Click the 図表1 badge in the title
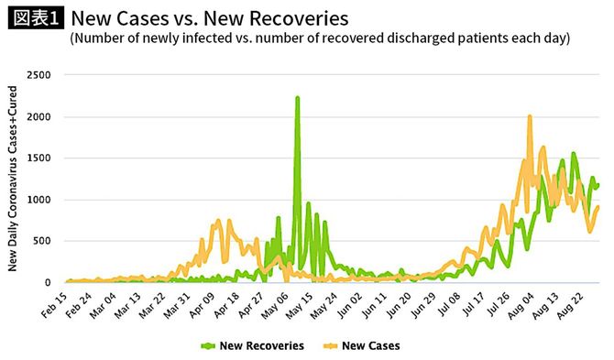coord(36,17)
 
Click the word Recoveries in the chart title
coord(298,17)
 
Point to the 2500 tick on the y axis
coord(41,75)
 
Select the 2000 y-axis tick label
coord(41,117)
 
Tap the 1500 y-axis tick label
coord(41,158)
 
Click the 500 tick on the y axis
coord(45,242)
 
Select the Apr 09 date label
coord(206,303)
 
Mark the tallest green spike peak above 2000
coord(297,97)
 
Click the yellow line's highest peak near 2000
coord(530,117)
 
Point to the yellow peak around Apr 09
coord(217,221)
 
